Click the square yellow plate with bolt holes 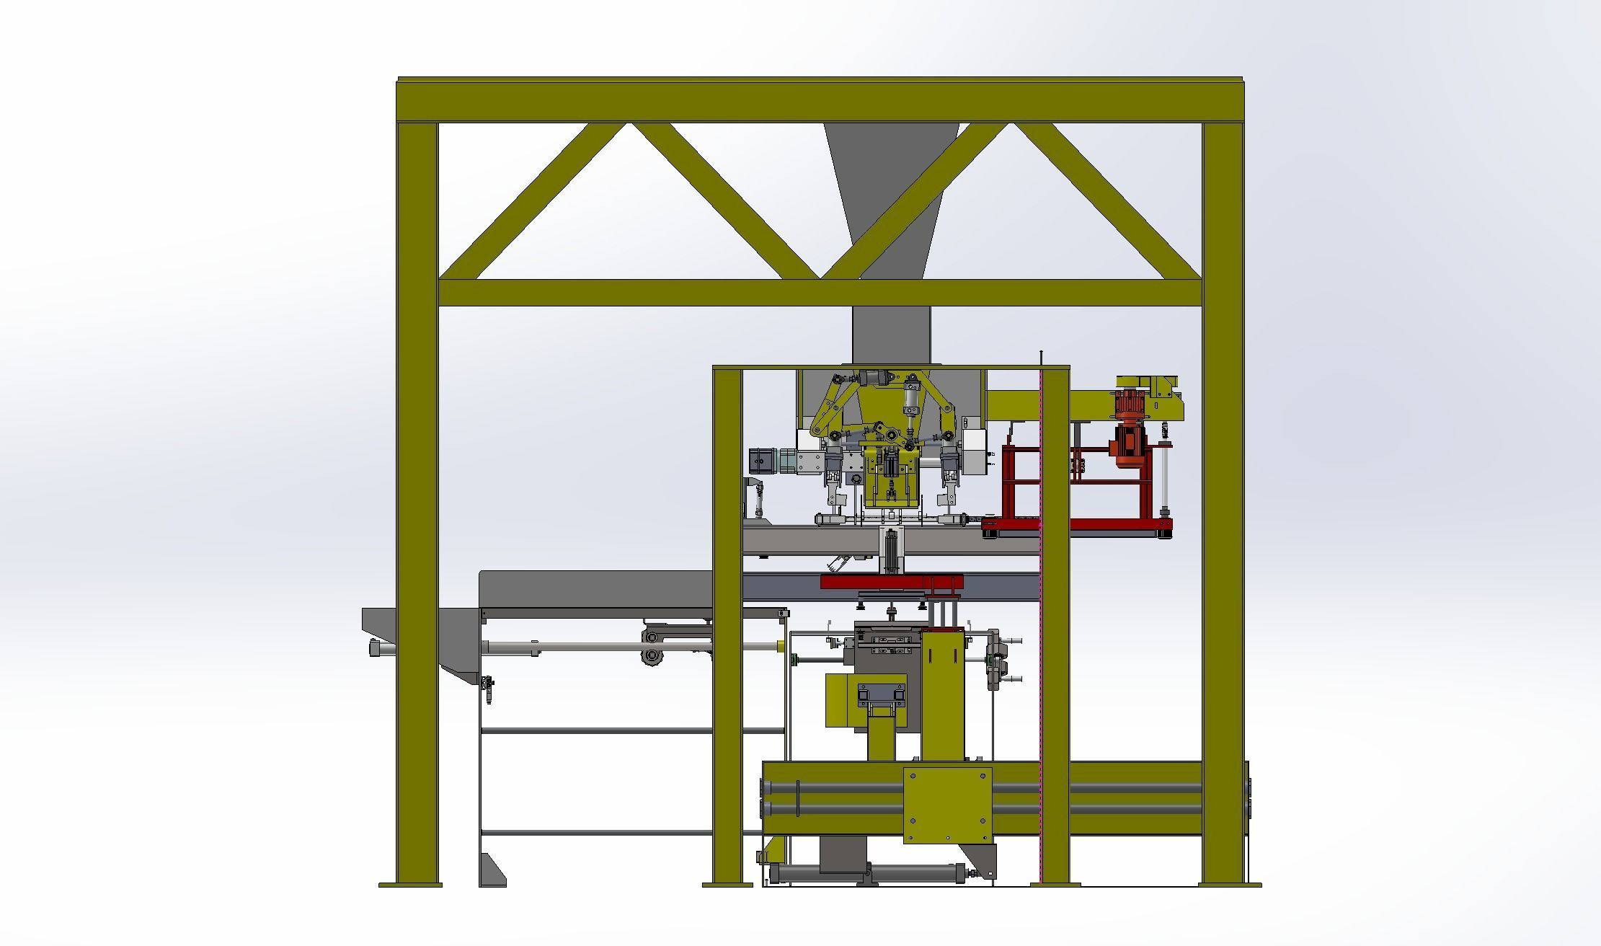(x=947, y=805)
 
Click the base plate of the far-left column (x=410, y=884)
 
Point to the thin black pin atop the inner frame (x=1041, y=358)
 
